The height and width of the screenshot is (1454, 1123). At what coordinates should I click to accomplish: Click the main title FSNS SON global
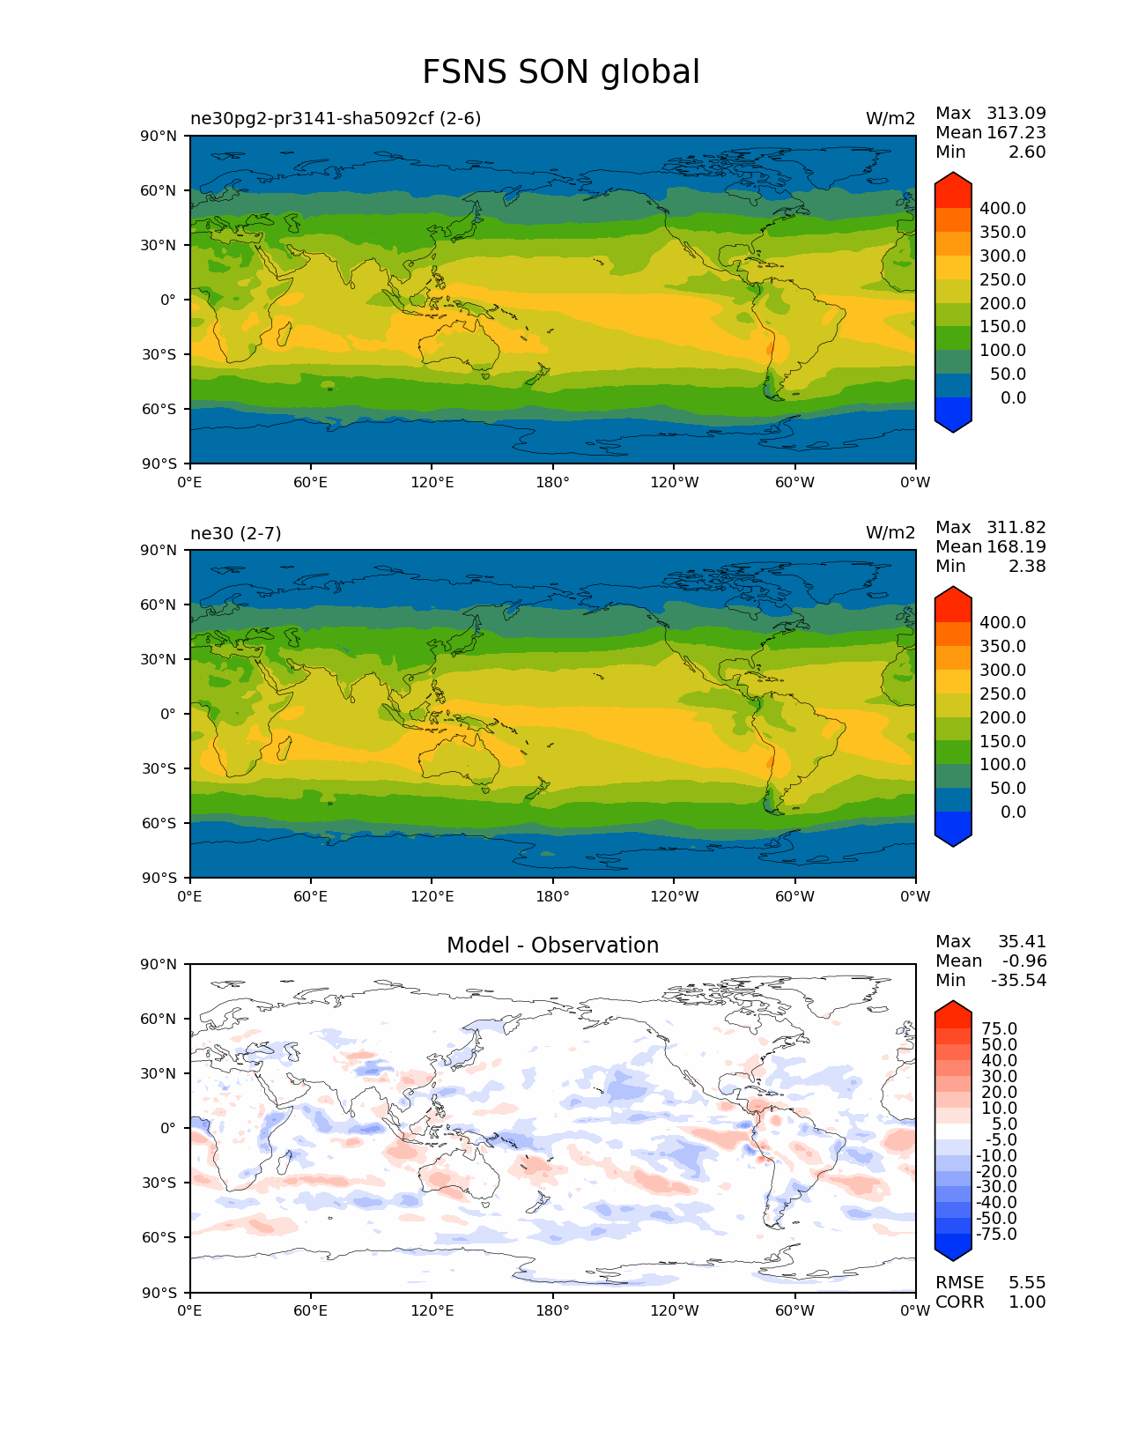(x=561, y=72)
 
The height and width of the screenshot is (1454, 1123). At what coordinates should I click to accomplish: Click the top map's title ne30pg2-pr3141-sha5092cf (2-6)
(x=336, y=118)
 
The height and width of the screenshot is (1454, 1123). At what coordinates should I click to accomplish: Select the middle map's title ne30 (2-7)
(x=235, y=533)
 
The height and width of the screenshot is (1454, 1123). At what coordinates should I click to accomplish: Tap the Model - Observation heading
(x=552, y=946)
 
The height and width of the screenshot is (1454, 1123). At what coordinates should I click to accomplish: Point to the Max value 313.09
(x=1016, y=114)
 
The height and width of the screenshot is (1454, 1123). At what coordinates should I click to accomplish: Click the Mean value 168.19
(x=1016, y=547)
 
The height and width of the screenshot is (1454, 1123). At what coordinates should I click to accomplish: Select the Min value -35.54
(x=1018, y=981)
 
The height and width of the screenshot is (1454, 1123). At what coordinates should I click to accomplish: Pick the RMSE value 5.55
(x=1027, y=1283)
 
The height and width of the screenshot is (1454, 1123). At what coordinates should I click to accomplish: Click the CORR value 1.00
(x=1027, y=1302)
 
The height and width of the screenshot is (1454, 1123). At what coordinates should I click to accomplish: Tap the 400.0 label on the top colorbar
(x=1002, y=209)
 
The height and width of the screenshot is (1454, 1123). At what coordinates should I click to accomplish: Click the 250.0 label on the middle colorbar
(x=1002, y=694)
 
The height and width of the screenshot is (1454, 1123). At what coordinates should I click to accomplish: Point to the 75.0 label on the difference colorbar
(x=1000, y=1029)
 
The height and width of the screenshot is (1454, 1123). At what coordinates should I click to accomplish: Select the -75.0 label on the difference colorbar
(x=997, y=1235)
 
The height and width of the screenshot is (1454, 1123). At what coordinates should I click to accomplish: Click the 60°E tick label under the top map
(x=311, y=482)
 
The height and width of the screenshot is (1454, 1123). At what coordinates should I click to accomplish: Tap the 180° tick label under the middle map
(x=552, y=896)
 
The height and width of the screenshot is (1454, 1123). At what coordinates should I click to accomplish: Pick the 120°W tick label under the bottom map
(x=674, y=1311)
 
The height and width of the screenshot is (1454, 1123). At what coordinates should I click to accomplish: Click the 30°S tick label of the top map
(x=161, y=354)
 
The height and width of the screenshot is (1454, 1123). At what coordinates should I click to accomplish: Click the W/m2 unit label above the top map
(x=890, y=118)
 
